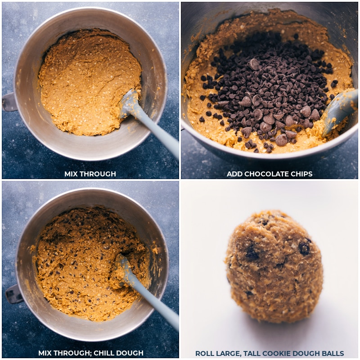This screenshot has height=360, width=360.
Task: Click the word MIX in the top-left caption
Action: [71, 174]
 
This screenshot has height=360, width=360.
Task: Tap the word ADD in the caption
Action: [234, 174]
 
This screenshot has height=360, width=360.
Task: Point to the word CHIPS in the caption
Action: [301, 174]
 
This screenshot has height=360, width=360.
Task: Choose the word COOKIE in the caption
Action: [279, 354]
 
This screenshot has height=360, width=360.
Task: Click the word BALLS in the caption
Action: [333, 354]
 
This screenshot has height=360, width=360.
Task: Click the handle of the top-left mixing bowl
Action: [9, 102]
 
